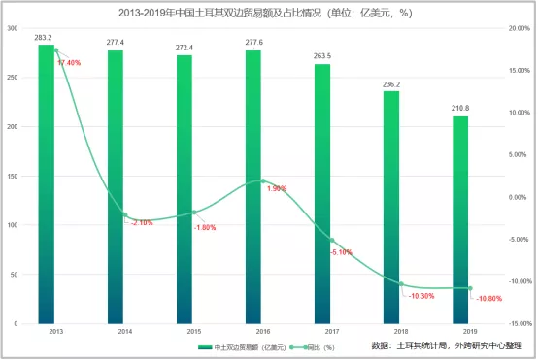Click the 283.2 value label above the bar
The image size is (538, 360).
click(x=44, y=38)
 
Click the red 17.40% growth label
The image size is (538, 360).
click(x=69, y=62)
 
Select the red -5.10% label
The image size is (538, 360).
click(x=342, y=252)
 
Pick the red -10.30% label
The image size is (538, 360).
click(x=421, y=296)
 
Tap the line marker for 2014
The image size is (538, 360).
click(x=124, y=214)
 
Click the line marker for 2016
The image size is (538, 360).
click(x=263, y=181)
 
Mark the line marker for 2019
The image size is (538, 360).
click(x=470, y=288)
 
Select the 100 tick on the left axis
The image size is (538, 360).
click(x=13, y=225)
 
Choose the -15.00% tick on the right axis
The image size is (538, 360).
click(x=519, y=324)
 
